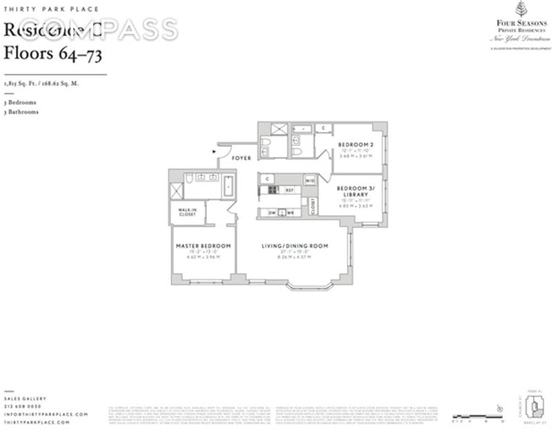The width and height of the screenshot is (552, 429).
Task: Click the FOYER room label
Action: tap(241, 158)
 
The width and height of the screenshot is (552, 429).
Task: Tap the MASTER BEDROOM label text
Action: tap(204, 246)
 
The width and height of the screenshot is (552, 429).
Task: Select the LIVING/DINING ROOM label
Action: tap(295, 246)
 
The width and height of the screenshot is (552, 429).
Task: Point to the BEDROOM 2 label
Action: tap(355, 145)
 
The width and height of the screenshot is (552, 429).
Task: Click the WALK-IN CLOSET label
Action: tap(187, 212)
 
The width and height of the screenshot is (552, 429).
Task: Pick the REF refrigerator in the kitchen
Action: tap(290, 190)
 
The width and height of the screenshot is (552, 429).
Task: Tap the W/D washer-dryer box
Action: tap(310, 181)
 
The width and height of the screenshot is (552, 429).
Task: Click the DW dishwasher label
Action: tap(272, 212)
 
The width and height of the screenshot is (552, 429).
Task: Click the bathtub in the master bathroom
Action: tap(228, 186)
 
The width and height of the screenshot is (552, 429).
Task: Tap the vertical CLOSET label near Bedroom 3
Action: tap(313, 206)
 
